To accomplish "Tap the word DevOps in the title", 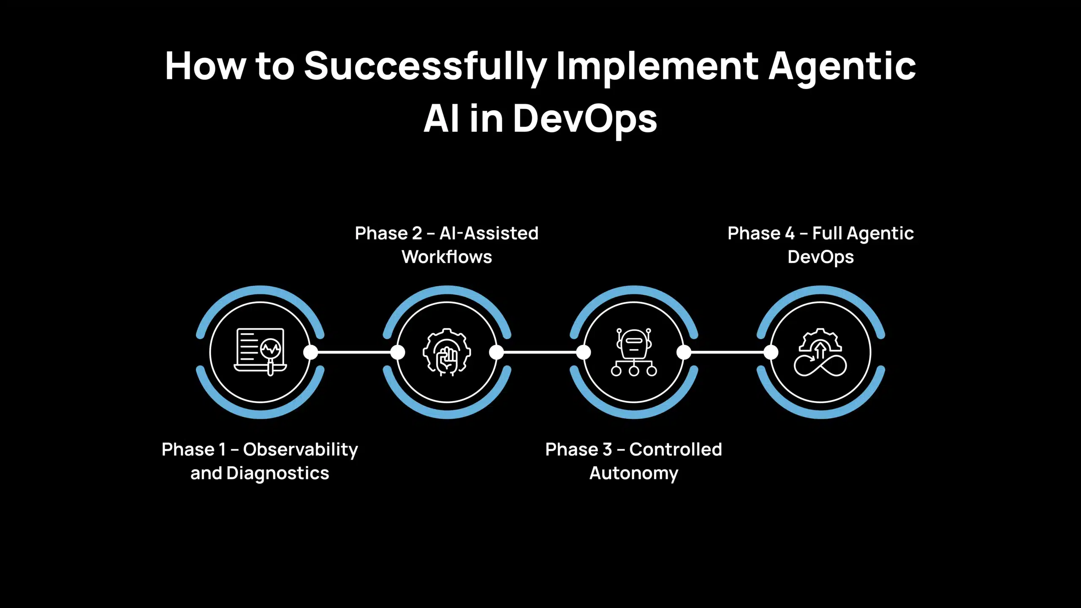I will tap(585, 119).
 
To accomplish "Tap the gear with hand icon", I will tap(447, 352).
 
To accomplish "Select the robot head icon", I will tap(633, 343).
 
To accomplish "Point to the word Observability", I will tap(300, 450).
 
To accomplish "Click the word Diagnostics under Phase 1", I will tap(277, 473).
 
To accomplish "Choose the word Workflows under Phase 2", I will tap(447, 257).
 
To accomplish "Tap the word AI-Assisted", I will tap(489, 233).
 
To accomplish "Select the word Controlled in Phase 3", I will tap(675, 450).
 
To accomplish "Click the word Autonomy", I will tap(633, 473).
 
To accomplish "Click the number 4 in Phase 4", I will tap(789, 233).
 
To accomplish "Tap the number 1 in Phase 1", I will tap(223, 450).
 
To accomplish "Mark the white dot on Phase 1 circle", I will tap(310, 352).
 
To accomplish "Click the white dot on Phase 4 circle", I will tap(771, 352).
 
